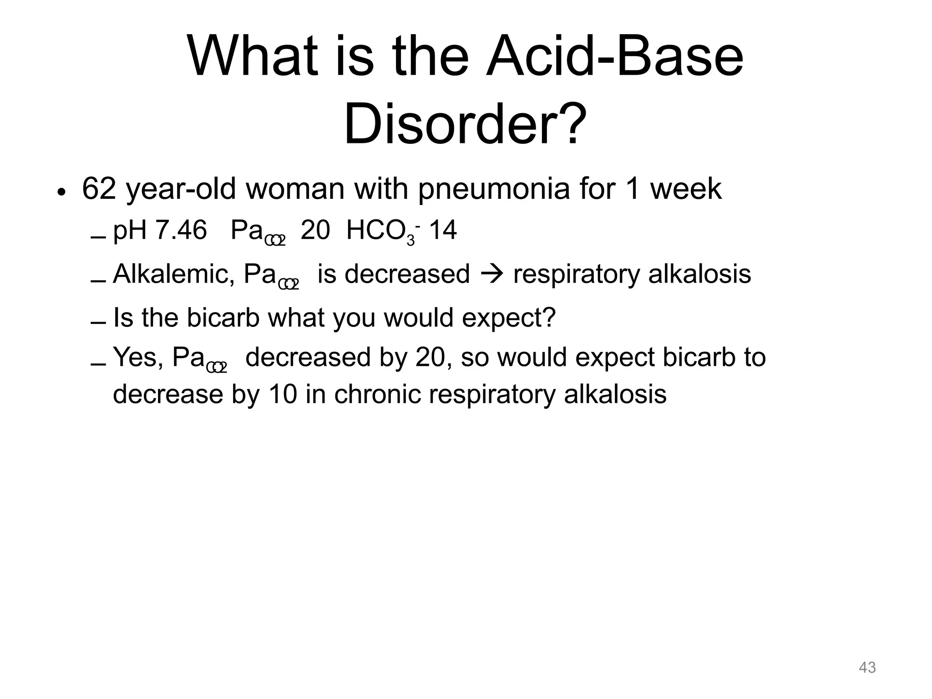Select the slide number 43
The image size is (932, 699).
coord(867,668)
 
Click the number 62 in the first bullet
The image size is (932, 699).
coord(99,189)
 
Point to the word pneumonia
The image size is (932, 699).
coord(494,190)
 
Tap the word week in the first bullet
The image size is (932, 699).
coord(686,189)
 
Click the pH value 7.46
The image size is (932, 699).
coord(181,230)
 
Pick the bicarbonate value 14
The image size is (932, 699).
coord(443,230)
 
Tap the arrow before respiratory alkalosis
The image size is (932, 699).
coord(491,275)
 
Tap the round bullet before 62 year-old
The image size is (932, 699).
coord(62,192)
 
